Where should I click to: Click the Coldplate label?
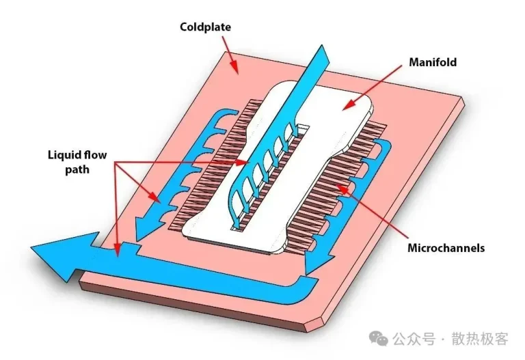coord(205,27)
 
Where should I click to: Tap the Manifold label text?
coord(433,62)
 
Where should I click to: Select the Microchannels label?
coord(446,248)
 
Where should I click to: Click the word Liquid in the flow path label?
coord(65,155)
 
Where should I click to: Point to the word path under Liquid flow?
coord(77,169)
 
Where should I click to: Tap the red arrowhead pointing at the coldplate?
coord(234,67)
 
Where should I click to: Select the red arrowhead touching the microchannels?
coord(342,188)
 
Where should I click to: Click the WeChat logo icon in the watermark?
coord(378,338)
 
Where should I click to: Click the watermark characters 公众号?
coord(414,339)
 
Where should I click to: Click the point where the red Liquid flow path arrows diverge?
coord(115,163)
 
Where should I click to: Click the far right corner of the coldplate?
coord(465,104)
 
